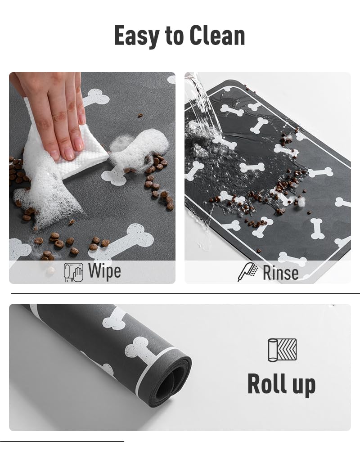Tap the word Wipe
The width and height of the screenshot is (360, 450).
coord(104,272)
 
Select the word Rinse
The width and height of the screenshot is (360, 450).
coord(280,273)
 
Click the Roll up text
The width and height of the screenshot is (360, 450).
coord(281,384)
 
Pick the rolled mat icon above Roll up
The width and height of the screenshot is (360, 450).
coord(282,350)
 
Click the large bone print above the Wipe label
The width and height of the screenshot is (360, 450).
coord(124,241)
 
